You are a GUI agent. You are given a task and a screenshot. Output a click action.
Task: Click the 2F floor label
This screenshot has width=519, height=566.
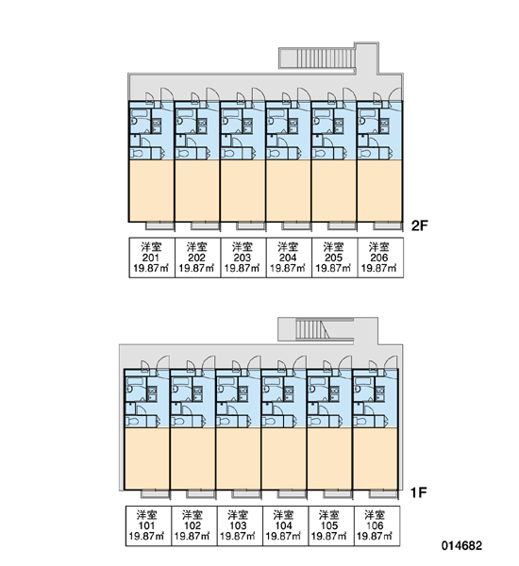click(x=419, y=225)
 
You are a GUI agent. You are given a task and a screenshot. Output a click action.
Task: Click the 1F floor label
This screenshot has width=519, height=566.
click(x=419, y=492)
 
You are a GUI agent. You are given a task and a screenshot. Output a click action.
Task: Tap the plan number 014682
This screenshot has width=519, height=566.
click(x=461, y=545)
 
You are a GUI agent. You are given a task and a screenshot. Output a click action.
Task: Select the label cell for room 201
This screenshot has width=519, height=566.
click(x=152, y=258)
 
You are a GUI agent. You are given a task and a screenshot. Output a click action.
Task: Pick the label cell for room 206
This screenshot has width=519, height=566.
click(x=380, y=258)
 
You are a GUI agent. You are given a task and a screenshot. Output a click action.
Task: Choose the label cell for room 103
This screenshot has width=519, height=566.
click(x=239, y=525)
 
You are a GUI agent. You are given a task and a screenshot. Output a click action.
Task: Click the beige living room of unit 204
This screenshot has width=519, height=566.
click(x=288, y=191)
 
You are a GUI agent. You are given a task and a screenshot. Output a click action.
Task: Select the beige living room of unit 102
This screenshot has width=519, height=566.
click(x=193, y=458)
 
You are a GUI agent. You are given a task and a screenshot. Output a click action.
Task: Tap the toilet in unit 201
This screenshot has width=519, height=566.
click(x=137, y=154)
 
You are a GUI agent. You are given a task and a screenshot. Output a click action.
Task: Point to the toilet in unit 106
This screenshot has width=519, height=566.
click(x=361, y=422)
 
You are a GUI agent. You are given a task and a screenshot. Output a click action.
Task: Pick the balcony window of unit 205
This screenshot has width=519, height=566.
click(x=343, y=226)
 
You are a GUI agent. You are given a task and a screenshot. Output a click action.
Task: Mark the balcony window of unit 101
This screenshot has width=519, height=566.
click(x=156, y=493)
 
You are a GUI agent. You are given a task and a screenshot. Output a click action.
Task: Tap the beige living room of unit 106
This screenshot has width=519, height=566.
click(x=375, y=458)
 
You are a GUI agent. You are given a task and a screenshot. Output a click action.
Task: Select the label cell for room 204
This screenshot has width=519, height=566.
click(x=289, y=258)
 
